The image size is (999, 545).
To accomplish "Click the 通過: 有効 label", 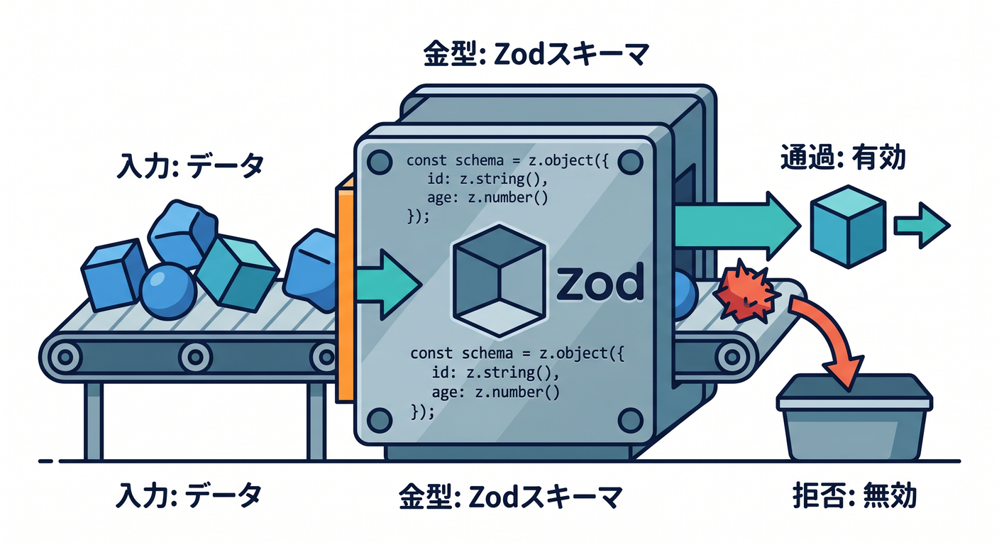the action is [843, 157].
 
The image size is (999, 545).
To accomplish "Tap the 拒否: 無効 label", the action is [854, 495].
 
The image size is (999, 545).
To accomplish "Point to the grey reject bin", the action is [854, 417].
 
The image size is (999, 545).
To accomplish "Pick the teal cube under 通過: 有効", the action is [848, 226].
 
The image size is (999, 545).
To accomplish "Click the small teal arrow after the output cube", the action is [922, 225].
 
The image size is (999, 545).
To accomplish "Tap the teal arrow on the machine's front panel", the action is [389, 285].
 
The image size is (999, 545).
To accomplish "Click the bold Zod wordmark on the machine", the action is [600, 282].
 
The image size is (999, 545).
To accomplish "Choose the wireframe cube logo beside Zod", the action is [499, 280].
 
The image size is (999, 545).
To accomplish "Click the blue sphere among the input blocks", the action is [168, 291].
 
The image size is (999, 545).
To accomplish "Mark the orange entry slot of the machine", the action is [345, 290].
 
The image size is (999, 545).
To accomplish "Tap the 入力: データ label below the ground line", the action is [189, 495].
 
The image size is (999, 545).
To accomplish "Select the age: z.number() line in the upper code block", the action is [487, 197].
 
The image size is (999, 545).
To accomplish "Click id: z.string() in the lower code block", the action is [495, 373].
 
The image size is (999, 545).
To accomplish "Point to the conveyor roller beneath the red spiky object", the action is [732, 357].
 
